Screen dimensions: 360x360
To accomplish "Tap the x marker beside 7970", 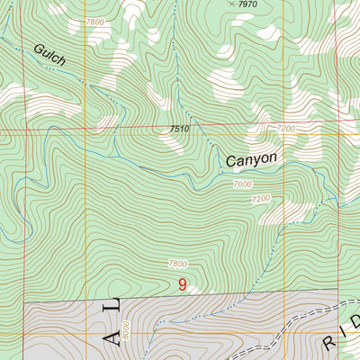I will pos(231,4).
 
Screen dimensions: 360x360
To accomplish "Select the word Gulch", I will pos(52,53).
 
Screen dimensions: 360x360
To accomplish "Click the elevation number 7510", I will pos(178,130).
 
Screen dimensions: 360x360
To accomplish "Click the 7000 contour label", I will pos(243,184).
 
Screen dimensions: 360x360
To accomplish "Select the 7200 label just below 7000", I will pos(261,198).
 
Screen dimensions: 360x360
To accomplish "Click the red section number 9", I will pos(183,285).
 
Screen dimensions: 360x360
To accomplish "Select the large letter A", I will pos(111,337).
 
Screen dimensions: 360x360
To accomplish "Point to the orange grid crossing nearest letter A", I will pos(86,333).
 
